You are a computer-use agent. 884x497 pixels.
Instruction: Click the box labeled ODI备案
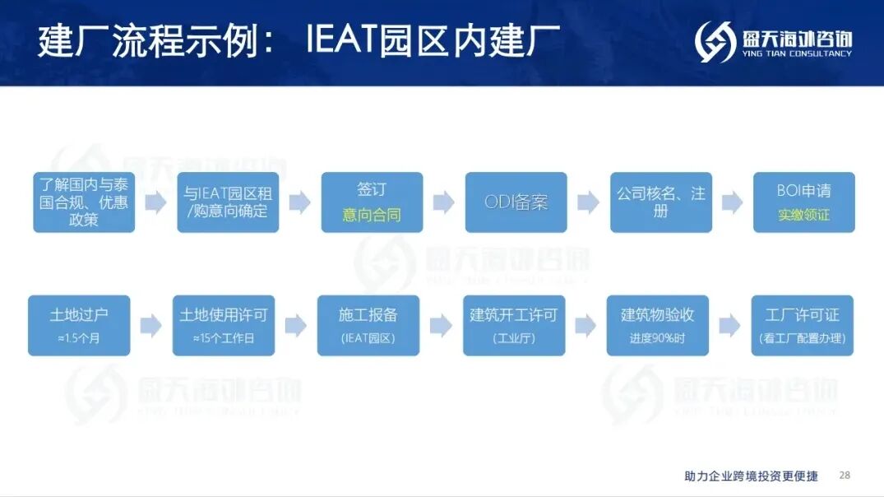(516, 202)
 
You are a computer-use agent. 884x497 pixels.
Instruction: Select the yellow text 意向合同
(371, 216)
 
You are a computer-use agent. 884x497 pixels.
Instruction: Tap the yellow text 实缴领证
(803, 216)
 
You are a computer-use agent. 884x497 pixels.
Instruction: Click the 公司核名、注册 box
(660, 202)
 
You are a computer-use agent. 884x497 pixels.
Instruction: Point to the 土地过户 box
(79, 325)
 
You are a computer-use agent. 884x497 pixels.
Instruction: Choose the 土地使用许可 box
(224, 325)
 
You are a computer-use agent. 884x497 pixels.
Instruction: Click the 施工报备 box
(368, 325)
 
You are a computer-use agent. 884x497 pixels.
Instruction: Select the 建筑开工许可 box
(514, 325)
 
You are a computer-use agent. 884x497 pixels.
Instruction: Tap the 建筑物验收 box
(658, 325)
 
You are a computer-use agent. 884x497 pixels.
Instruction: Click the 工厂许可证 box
(802, 325)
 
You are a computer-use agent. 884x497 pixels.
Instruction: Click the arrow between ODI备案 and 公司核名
(588, 202)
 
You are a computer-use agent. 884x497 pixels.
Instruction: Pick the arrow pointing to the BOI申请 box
(732, 202)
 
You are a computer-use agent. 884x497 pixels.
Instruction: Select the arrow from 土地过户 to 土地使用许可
(150, 325)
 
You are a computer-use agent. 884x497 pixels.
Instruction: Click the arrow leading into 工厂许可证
(729, 325)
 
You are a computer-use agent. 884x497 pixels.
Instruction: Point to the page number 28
(845, 476)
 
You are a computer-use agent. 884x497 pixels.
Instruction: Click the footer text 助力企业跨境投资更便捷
(751, 476)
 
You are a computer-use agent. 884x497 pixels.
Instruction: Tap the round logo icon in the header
(714, 41)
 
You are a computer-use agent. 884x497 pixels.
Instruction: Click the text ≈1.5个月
(79, 338)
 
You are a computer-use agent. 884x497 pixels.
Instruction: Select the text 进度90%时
(658, 338)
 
